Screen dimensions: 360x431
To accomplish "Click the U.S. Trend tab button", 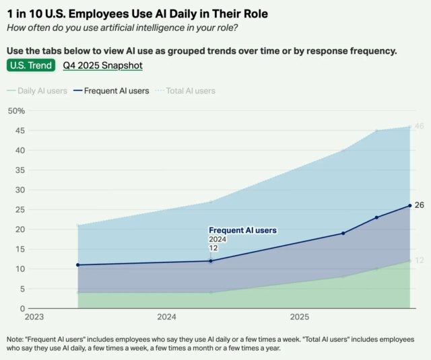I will click(x=30, y=65).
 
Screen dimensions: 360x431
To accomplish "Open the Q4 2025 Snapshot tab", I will click(x=102, y=65).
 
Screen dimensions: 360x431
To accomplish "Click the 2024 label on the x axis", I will click(x=166, y=316).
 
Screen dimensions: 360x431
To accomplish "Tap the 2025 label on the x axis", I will click(x=300, y=316).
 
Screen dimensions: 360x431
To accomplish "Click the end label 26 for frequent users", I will click(x=419, y=205).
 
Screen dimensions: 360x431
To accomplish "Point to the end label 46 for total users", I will click(x=419, y=127).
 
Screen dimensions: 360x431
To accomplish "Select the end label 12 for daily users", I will click(x=419, y=260).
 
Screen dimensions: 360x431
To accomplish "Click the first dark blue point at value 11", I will click(x=77, y=265).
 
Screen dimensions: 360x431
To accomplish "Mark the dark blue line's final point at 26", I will click(x=409, y=206).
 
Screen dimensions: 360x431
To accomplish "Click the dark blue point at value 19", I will click(x=343, y=233).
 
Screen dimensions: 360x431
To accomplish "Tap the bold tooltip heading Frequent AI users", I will click(x=242, y=230).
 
